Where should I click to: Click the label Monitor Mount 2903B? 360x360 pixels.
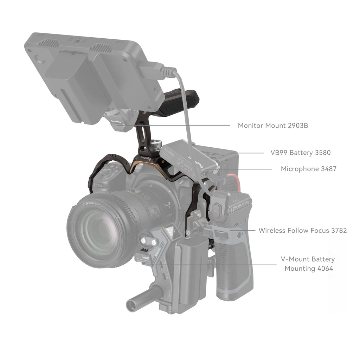click(x=273, y=126)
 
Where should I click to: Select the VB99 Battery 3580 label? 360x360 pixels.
click(x=300, y=153)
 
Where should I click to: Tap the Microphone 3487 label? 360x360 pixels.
click(x=308, y=169)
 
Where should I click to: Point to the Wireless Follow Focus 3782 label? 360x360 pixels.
click(x=302, y=231)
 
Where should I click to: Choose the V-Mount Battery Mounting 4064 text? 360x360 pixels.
click(x=307, y=264)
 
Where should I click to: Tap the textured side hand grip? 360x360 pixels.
click(x=232, y=267)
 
